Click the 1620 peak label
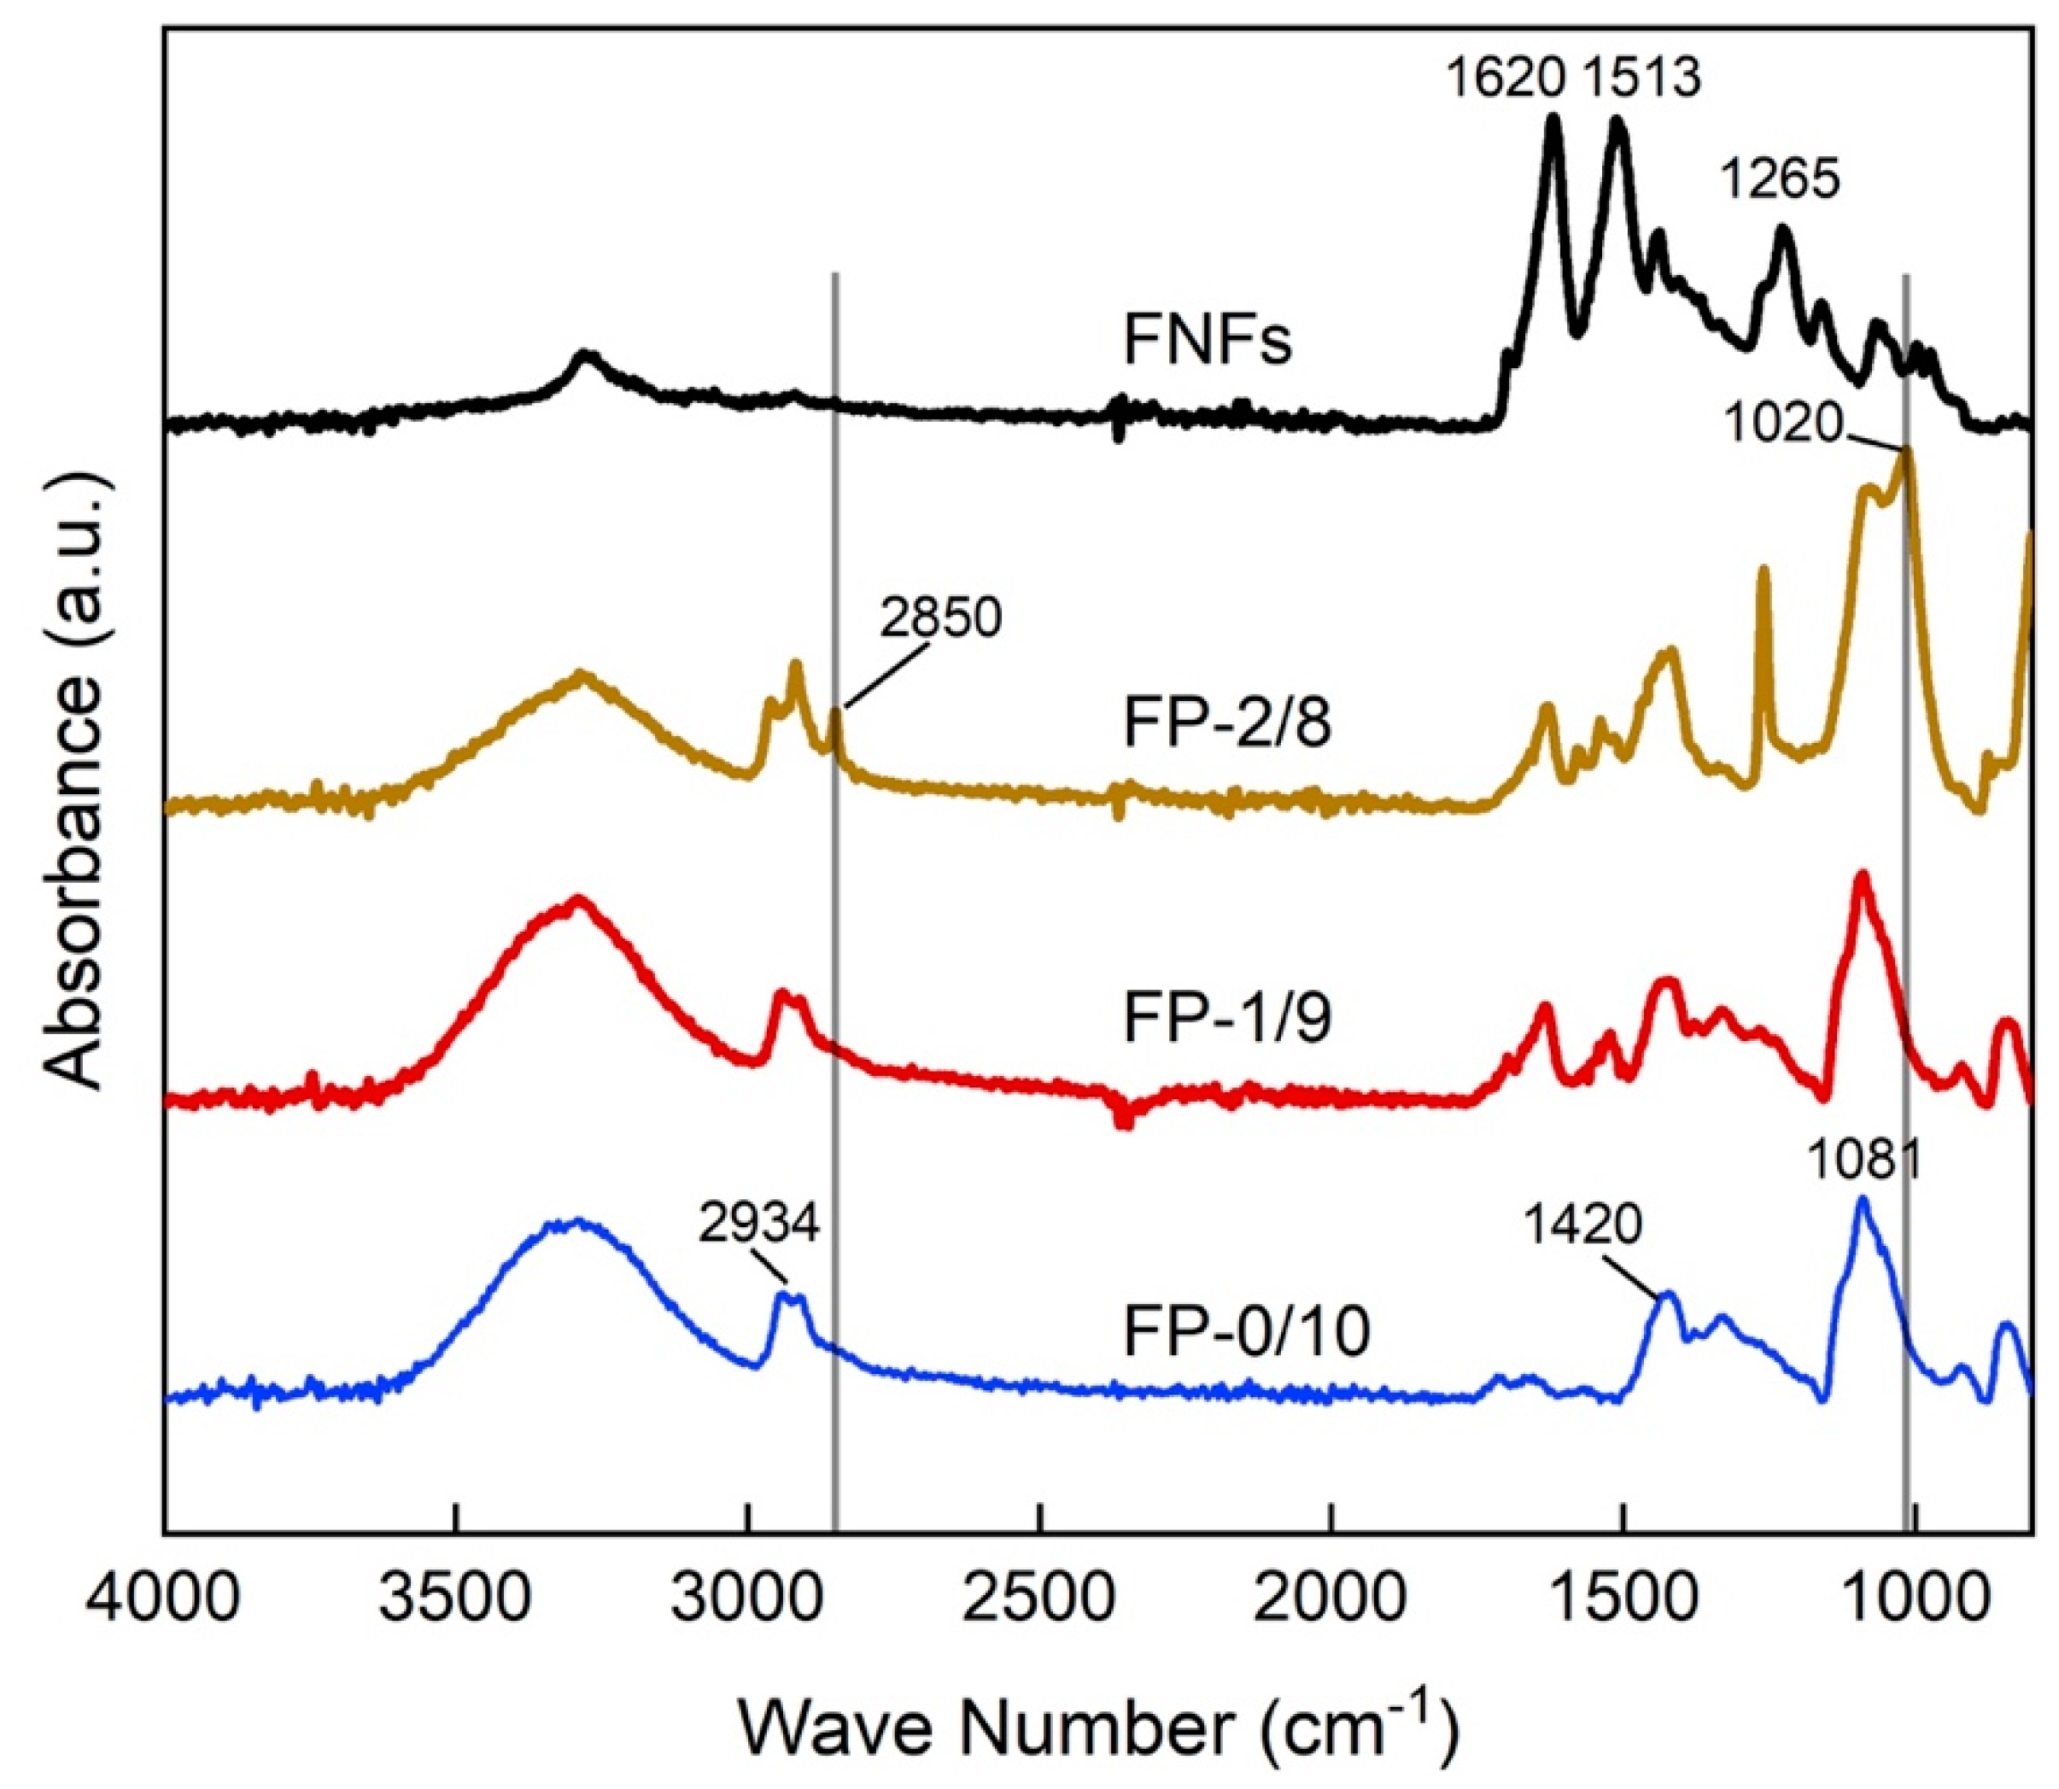pyautogui.click(x=1506, y=78)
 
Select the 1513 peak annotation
pyautogui.click(x=1641, y=78)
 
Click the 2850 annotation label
pyautogui.click(x=939, y=619)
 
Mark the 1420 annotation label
pyautogui.click(x=1582, y=1224)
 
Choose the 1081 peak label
pyautogui.click(x=1863, y=1161)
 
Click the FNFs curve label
pyautogui.click(x=1208, y=341)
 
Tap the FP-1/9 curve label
pyautogui.click(x=1227, y=1020)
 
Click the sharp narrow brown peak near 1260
pyautogui.click(x=1764, y=574)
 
